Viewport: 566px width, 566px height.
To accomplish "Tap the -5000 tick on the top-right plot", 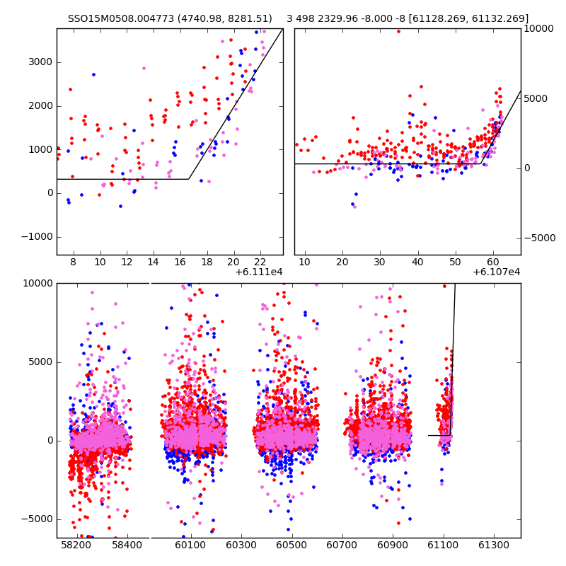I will pos(541,238).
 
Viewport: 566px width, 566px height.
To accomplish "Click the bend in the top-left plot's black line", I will pos(189,179).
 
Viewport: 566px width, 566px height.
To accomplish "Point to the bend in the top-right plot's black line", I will pos(481,164).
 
